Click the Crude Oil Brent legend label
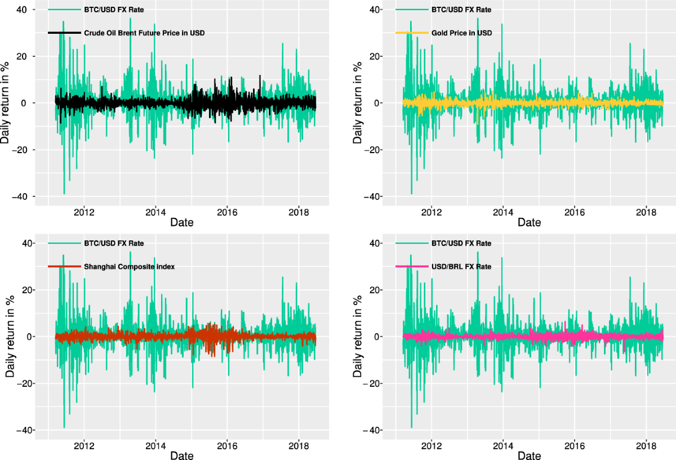144,33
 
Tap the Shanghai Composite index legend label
129,267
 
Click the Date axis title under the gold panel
529,222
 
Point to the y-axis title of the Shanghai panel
10,337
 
